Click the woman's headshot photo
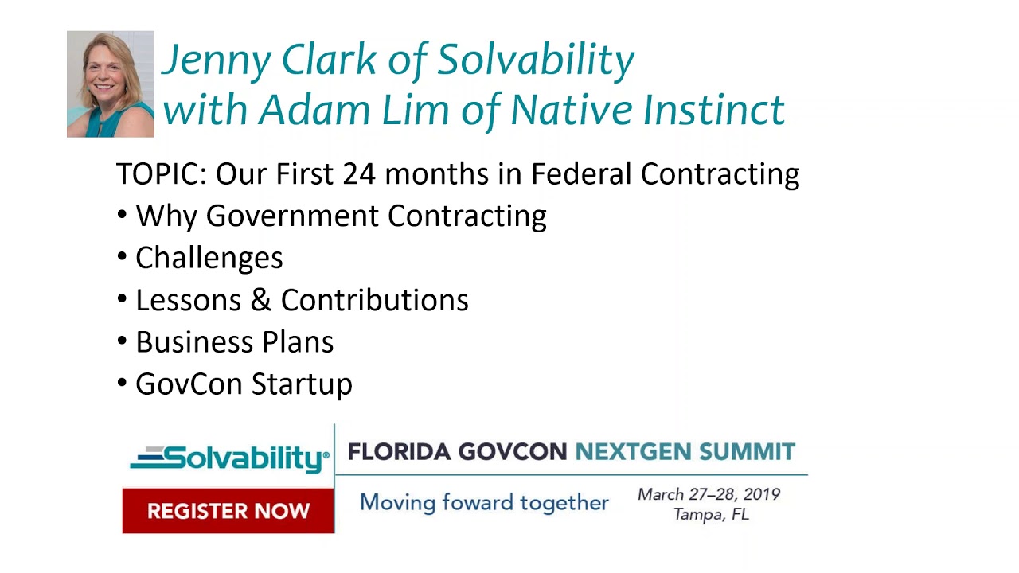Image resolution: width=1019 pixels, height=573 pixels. [x=110, y=84]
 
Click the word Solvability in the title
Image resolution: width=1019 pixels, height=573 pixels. [x=535, y=60]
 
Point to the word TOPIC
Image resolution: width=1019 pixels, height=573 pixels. [x=162, y=173]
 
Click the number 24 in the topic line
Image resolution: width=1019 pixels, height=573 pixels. [x=360, y=173]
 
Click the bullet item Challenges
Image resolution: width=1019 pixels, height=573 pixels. [x=209, y=258]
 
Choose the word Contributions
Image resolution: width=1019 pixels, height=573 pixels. [x=374, y=300]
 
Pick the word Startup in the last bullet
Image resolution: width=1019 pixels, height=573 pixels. [x=303, y=384]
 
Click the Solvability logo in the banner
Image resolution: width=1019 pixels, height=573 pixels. [x=229, y=458]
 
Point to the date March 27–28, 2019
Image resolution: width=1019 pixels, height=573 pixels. [x=709, y=494]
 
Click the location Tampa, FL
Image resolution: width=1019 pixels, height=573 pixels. [x=711, y=514]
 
